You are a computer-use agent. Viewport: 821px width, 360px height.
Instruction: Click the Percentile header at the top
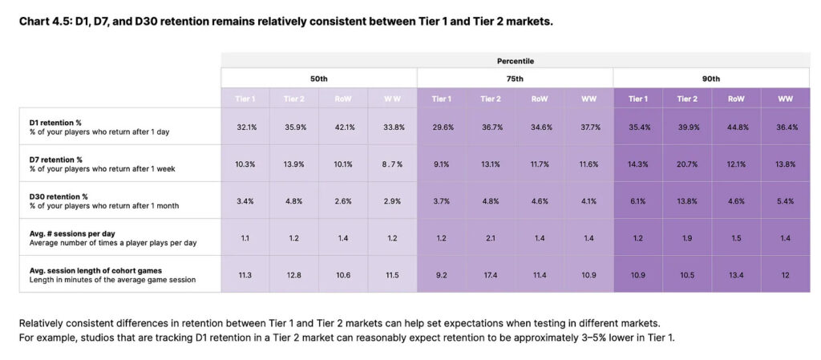(x=515, y=60)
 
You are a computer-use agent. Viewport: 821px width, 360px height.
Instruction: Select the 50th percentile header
(x=319, y=79)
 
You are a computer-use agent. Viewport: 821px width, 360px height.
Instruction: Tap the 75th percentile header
(x=515, y=79)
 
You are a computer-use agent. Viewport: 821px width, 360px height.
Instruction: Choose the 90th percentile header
(x=711, y=79)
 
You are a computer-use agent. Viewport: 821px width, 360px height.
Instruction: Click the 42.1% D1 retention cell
(x=344, y=127)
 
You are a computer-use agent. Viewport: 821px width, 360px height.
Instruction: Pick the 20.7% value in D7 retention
(x=687, y=164)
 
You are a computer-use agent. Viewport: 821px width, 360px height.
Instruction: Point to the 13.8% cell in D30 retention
(x=687, y=200)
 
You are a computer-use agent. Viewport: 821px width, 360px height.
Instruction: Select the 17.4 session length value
(x=491, y=274)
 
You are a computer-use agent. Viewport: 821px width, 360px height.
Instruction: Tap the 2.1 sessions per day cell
(x=491, y=237)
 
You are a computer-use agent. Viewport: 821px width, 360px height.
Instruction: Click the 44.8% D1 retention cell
(x=736, y=127)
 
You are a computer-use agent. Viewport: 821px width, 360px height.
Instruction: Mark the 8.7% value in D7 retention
(x=392, y=164)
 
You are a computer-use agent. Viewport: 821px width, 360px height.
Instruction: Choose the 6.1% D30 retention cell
(x=638, y=200)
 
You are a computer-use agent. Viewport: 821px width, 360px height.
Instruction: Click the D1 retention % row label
(x=51, y=122)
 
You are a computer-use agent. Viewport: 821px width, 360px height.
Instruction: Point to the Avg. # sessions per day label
(x=68, y=233)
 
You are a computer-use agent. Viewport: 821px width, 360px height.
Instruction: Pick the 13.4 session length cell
(x=736, y=274)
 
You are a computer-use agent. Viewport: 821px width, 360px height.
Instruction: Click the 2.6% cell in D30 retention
(x=344, y=200)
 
